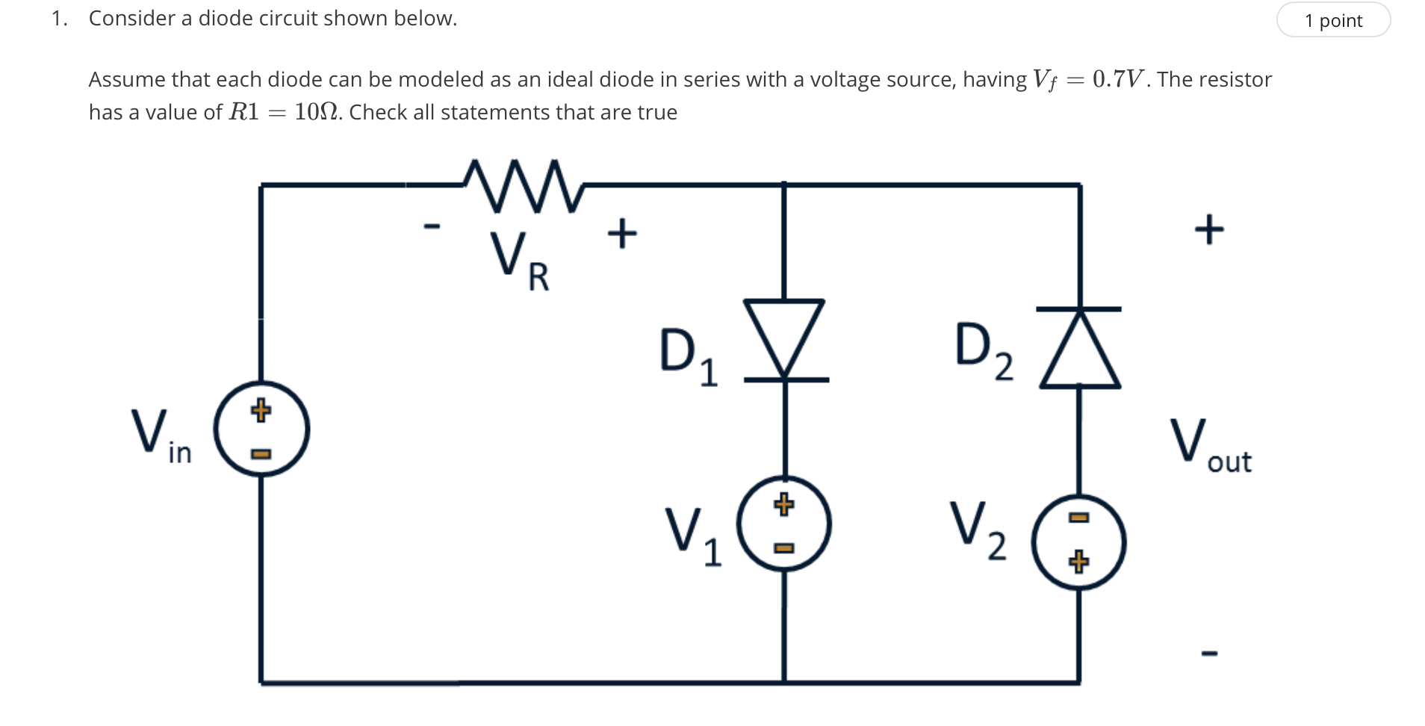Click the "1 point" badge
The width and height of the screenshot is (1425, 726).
pyautogui.click(x=1332, y=20)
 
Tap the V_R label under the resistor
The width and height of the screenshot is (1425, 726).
pyautogui.click(x=519, y=261)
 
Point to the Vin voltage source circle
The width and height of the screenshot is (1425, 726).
pyautogui.click(x=261, y=429)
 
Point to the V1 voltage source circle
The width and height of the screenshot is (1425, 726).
pyautogui.click(x=784, y=524)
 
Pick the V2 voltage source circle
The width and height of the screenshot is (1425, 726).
pyautogui.click(x=1078, y=542)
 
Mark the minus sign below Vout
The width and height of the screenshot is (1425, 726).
pyautogui.click(x=1209, y=654)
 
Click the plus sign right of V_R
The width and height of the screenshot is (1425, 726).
pyautogui.click(x=622, y=233)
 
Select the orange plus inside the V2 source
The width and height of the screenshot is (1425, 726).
pyautogui.click(x=1078, y=561)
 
